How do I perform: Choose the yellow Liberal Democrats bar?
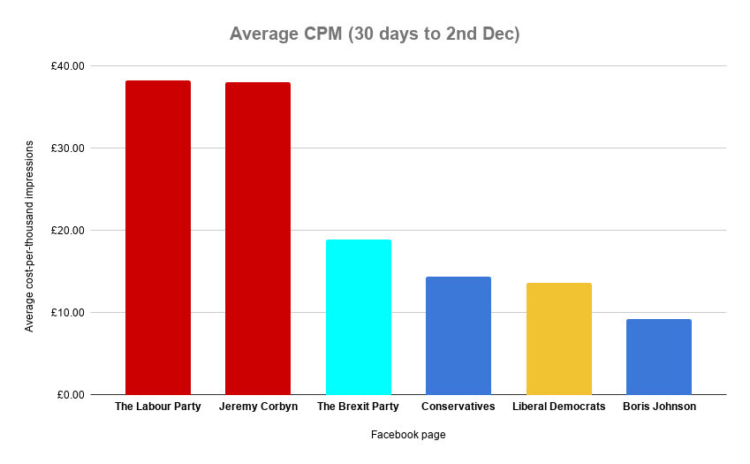(558, 338)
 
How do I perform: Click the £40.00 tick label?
(67, 66)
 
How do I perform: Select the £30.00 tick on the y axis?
(67, 148)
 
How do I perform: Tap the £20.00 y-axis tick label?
(67, 231)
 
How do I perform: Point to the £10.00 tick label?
(67, 313)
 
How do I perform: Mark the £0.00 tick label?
(70, 395)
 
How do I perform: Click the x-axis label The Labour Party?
(158, 407)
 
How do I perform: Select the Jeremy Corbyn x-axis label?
(258, 407)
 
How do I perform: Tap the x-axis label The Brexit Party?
(358, 407)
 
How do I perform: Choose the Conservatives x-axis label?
(458, 407)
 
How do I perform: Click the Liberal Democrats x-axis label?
(558, 407)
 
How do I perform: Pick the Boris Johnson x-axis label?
(659, 407)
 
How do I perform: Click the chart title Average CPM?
(375, 34)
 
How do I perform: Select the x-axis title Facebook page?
(408, 435)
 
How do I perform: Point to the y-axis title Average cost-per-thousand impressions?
(29, 236)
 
